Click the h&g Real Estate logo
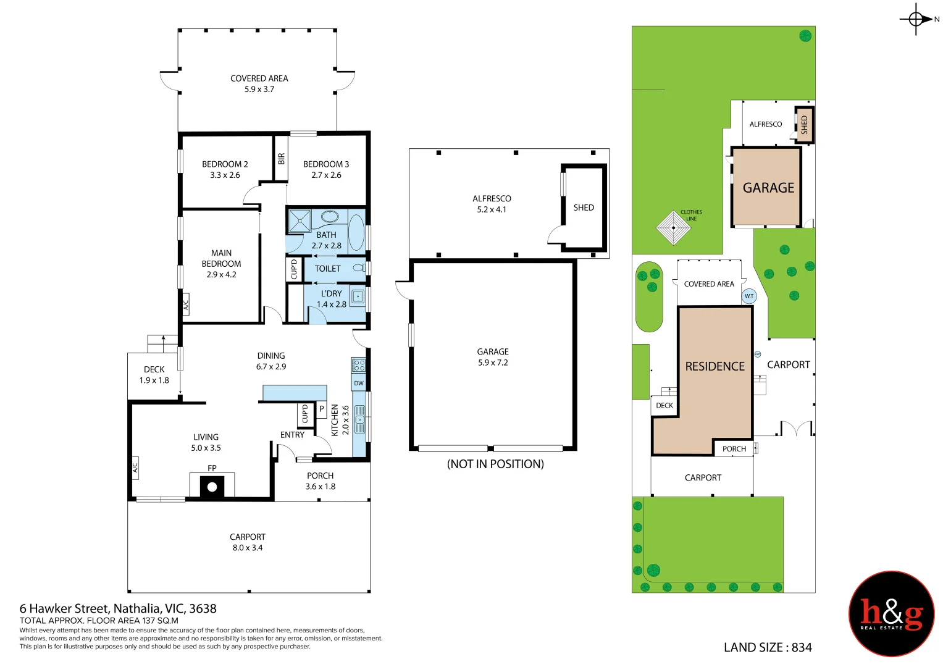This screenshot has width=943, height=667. click(891, 613)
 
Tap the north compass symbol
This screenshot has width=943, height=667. click(916, 19)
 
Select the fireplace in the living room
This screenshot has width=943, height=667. click(212, 486)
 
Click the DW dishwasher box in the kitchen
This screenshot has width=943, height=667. click(359, 384)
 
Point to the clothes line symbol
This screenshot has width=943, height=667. click(673, 228)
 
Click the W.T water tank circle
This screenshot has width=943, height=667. click(748, 296)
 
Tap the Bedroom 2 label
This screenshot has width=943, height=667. click(225, 169)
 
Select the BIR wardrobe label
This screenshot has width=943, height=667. click(282, 159)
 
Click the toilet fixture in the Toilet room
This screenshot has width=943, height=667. click(359, 268)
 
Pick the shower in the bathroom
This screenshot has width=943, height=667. click(300, 220)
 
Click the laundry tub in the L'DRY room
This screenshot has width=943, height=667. click(358, 297)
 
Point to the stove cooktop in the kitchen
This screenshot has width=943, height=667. click(358, 366)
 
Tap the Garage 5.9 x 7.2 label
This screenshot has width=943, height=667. click(493, 357)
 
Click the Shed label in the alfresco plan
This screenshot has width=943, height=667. click(584, 208)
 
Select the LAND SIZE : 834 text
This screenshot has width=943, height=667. click(768, 647)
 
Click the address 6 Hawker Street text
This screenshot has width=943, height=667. click(118, 609)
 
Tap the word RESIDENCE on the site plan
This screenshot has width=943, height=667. click(715, 366)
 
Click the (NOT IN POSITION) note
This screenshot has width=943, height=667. click(495, 464)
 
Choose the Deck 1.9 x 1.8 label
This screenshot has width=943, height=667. click(154, 375)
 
